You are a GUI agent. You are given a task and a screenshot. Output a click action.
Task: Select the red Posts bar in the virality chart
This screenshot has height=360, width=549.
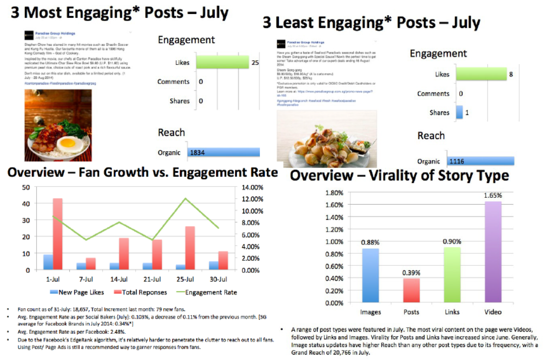(411, 291)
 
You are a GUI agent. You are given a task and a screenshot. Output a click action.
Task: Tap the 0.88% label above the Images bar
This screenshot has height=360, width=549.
(370, 242)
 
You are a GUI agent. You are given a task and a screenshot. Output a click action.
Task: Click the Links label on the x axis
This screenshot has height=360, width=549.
(452, 312)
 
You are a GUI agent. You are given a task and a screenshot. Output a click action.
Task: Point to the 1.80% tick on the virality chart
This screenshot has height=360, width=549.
(334, 193)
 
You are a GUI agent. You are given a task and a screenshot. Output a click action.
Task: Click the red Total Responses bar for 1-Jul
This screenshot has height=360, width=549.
(57, 234)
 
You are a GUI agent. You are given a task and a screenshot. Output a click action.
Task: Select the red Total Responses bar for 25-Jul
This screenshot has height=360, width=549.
(190, 248)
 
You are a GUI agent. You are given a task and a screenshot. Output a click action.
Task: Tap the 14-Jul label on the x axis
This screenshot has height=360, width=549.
(119, 279)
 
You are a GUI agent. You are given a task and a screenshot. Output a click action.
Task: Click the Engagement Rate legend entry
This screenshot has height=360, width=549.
(211, 292)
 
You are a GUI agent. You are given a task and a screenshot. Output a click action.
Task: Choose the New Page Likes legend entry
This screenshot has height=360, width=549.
(81, 292)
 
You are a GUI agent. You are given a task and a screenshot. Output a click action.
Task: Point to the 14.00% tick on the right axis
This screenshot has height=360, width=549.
(252, 188)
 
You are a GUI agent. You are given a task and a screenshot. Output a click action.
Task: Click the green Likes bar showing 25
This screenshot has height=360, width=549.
(222, 62)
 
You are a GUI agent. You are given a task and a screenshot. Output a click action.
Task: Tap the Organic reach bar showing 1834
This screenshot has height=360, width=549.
(224, 152)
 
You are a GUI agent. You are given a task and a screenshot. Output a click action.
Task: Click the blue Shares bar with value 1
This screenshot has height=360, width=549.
(459, 112)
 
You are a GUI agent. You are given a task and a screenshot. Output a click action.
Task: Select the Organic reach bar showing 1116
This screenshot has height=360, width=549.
(480, 161)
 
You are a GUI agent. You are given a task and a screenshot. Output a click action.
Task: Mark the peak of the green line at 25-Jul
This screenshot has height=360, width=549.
(186, 198)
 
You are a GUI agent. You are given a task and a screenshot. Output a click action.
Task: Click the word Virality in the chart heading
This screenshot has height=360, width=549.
(393, 176)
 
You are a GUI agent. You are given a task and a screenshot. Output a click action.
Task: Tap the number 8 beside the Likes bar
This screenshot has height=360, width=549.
(511, 74)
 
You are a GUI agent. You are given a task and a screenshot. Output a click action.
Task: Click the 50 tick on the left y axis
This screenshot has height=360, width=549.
(26, 188)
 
